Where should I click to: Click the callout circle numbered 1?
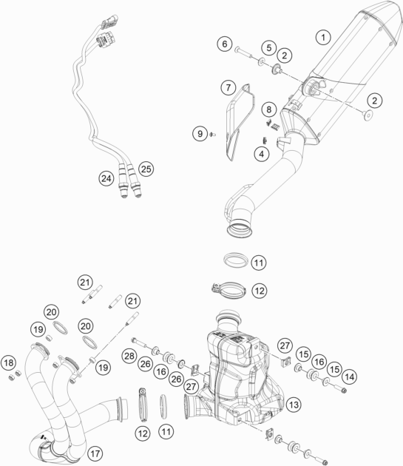[x=323, y=37]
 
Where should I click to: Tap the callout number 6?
[x=225, y=44]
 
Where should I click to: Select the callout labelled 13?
[x=294, y=404]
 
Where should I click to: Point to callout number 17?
[x=95, y=453]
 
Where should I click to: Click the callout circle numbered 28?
[x=129, y=356]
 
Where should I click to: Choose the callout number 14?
[x=350, y=376]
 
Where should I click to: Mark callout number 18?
[x=9, y=362]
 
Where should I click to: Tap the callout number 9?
[x=200, y=133]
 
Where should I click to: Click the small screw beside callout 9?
[x=212, y=135]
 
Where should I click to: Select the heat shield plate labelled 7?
[x=240, y=122]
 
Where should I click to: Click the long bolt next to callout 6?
[x=244, y=53]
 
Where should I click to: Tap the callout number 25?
[x=146, y=169]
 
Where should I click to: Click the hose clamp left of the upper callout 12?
[x=228, y=290]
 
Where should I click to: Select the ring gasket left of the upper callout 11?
[x=236, y=260]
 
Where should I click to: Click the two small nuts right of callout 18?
[x=15, y=375]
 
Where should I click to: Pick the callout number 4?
[x=262, y=154]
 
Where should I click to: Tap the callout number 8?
[x=268, y=109]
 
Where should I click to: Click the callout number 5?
[x=269, y=47]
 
